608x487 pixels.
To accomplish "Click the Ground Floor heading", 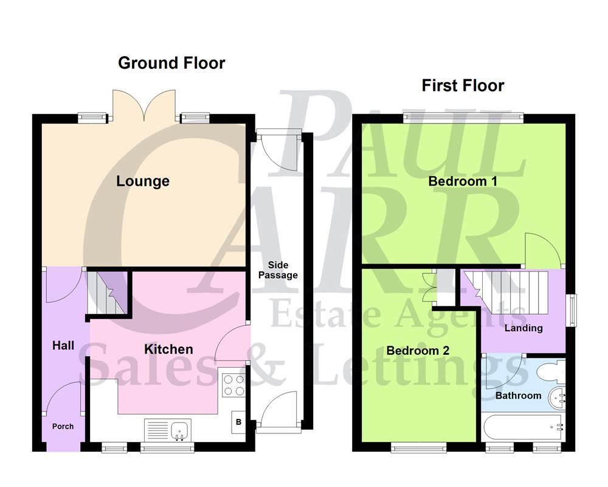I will click(x=171, y=63).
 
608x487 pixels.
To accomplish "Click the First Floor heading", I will click(x=463, y=85).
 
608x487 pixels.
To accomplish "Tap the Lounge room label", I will click(x=143, y=181).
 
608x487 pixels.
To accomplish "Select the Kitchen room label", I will click(x=168, y=349).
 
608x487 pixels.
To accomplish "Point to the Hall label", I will click(x=63, y=346).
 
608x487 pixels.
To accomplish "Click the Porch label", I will click(x=62, y=426).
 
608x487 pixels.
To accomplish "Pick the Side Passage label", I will click(x=278, y=270).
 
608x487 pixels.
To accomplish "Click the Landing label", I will click(x=523, y=328).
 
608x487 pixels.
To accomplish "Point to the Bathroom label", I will click(x=518, y=395).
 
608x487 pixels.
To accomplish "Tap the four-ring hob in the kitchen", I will click(x=234, y=384).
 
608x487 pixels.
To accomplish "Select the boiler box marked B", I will click(x=238, y=422).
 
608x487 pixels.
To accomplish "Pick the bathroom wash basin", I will click(x=558, y=399).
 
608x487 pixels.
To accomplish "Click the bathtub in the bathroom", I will click(x=523, y=427).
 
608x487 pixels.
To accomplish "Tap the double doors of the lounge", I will click(x=144, y=105).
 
